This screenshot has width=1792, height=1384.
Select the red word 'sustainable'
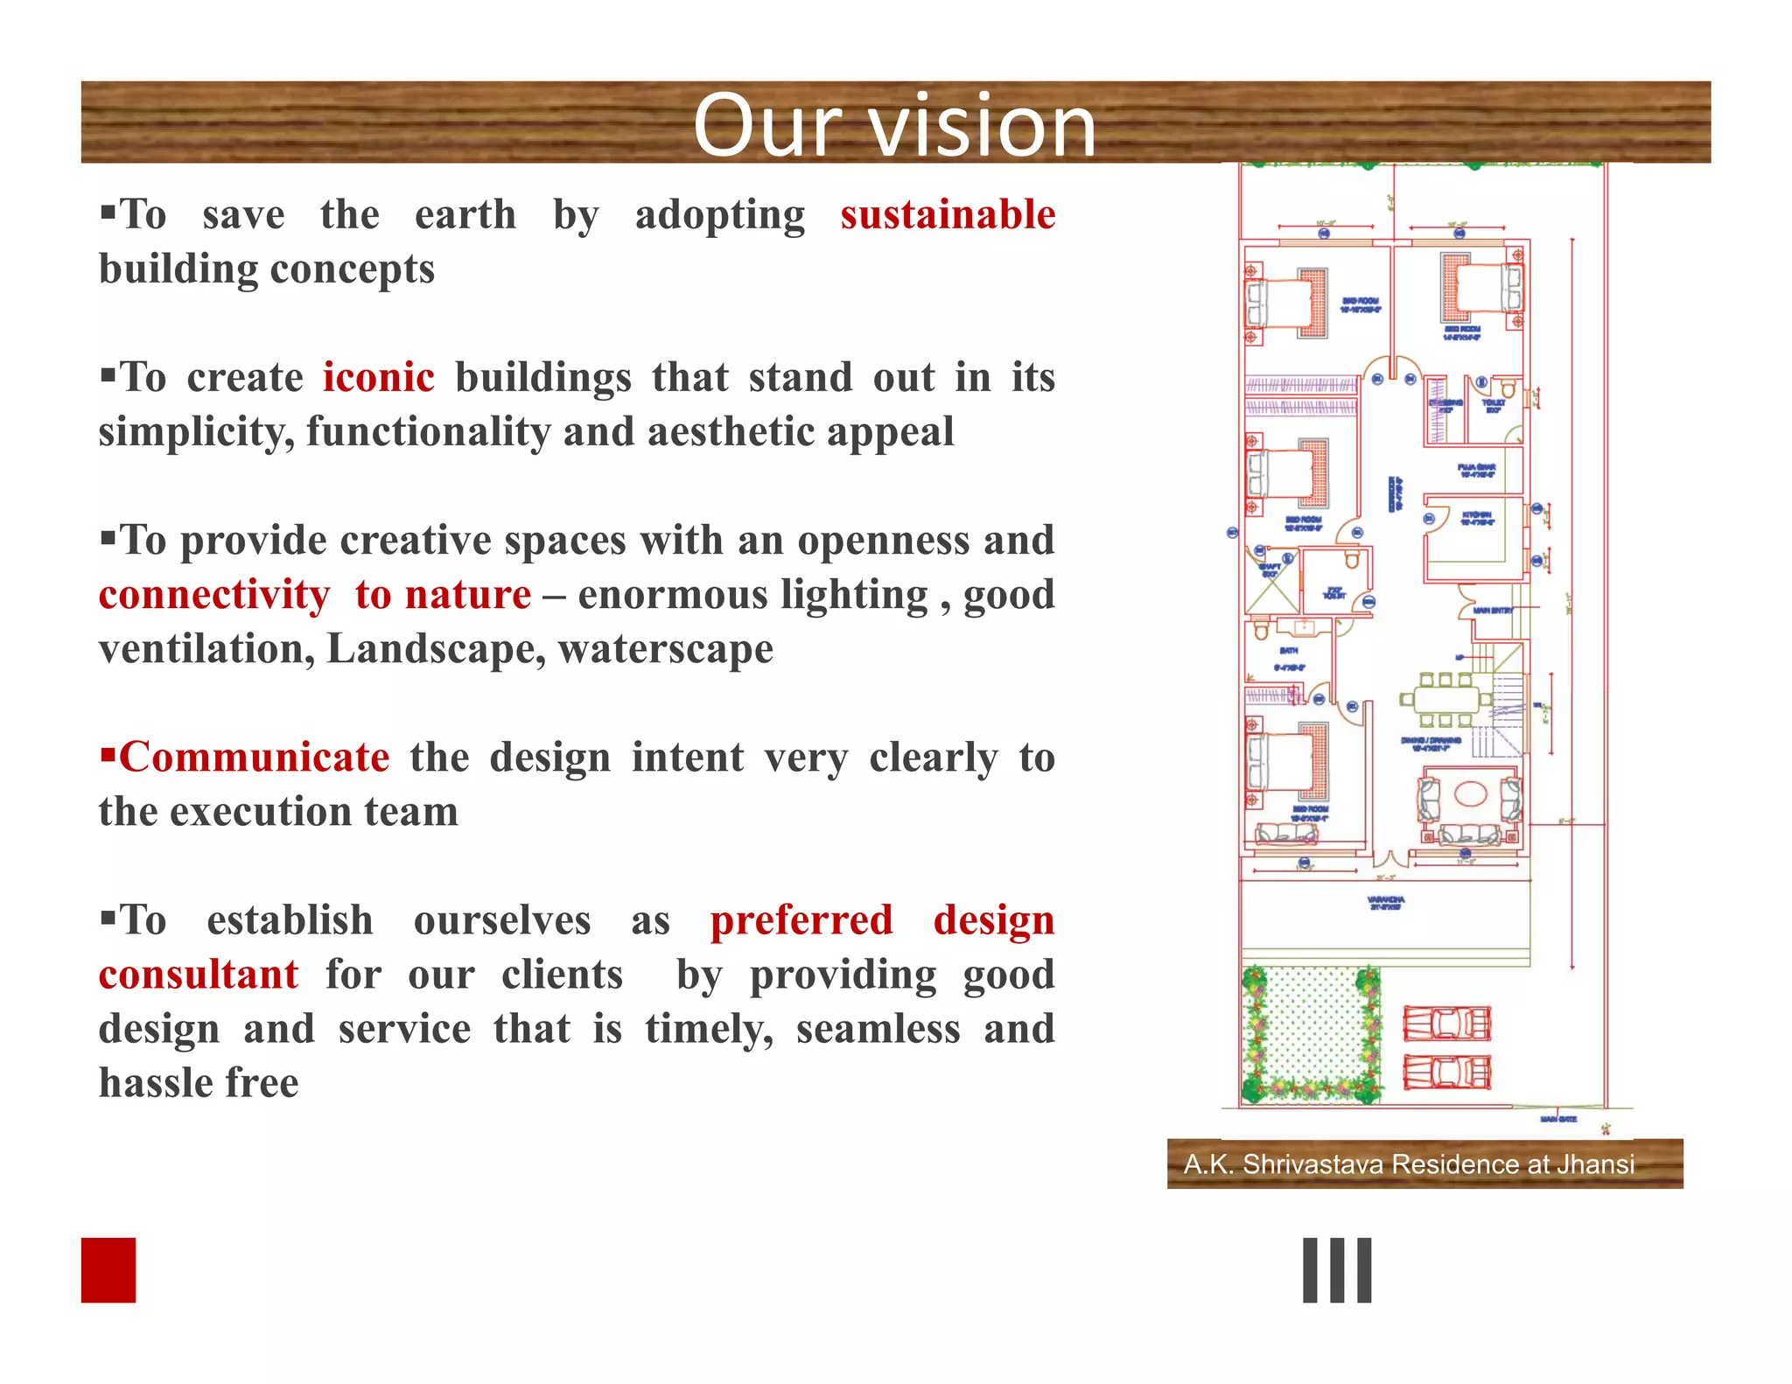[x=948, y=215]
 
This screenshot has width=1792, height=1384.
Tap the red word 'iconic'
[x=378, y=378]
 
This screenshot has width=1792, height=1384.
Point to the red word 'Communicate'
[x=254, y=758]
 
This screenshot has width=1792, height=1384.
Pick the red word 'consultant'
[x=199, y=975]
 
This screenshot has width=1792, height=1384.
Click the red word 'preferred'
[x=801, y=920]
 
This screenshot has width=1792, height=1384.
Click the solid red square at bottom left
[x=108, y=1269]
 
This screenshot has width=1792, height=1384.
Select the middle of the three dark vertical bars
[x=1337, y=1270]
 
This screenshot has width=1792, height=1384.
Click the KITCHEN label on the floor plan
[x=1478, y=518]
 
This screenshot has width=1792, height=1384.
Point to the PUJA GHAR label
[x=1477, y=470]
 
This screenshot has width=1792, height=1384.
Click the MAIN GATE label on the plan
[x=1558, y=1119]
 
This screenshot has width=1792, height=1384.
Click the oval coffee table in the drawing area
[x=1471, y=793]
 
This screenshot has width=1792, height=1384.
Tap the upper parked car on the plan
[x=1446, y=1024]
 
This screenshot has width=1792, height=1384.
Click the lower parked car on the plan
[x=1446, y=1073]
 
